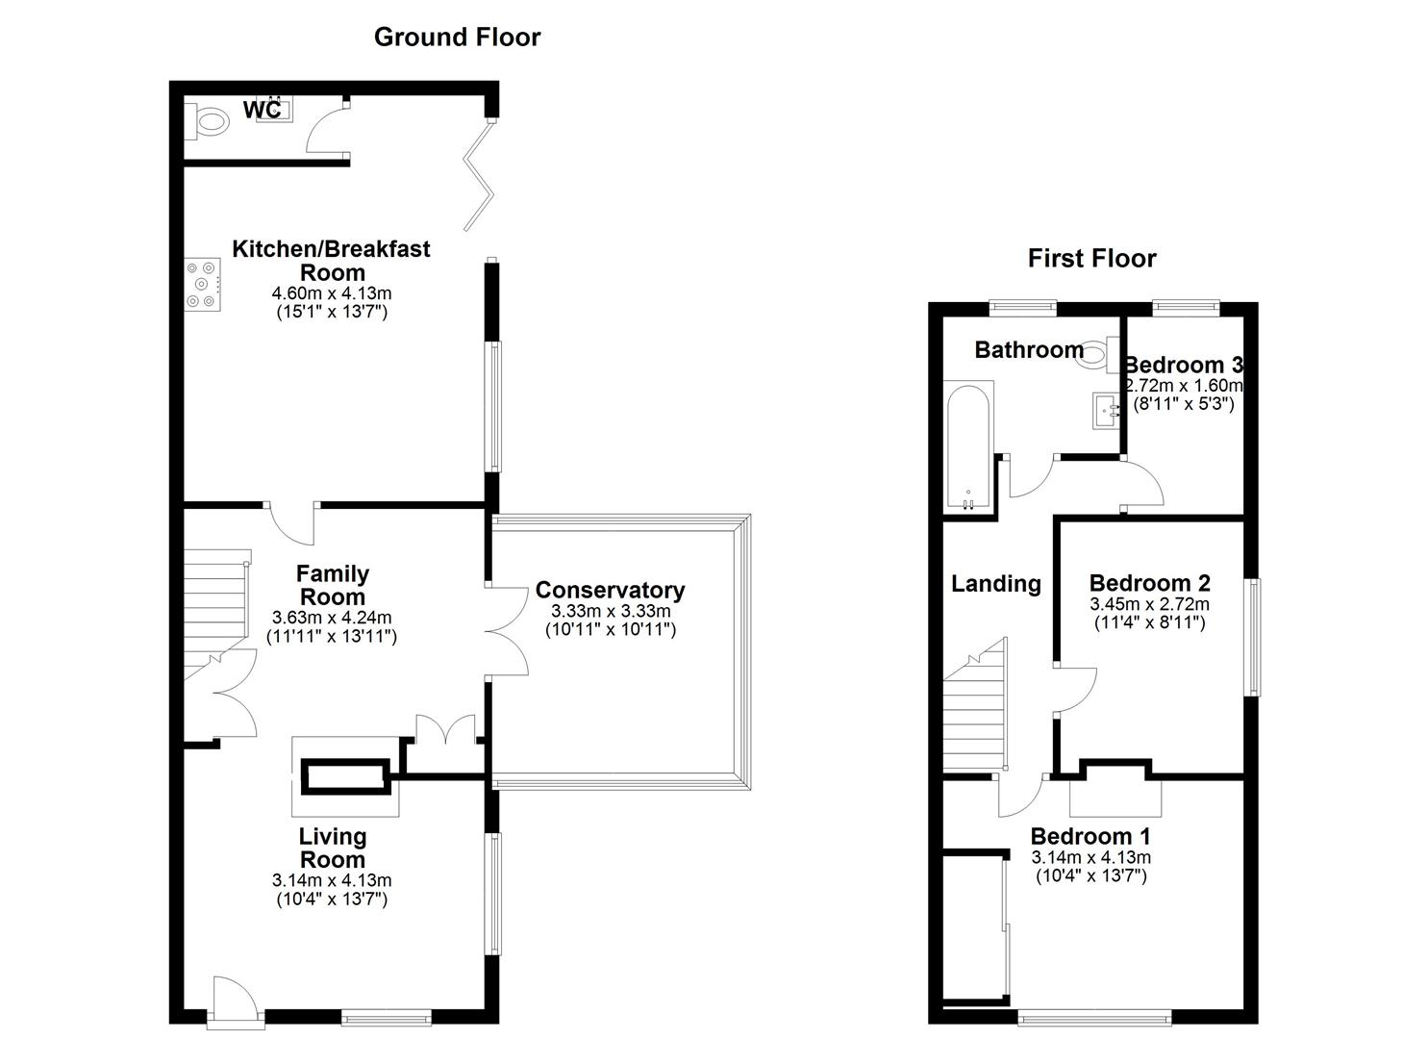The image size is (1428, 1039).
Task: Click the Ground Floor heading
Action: (x=457, y=38)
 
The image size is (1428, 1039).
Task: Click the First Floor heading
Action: (x=1091, y=259)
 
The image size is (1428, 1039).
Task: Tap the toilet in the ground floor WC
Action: (x=209, y=122)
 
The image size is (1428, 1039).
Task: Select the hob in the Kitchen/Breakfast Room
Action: (x=204, y=285)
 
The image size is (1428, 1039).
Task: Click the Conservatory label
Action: (x=610, y=590)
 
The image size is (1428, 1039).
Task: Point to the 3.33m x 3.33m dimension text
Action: (x=611, y=612)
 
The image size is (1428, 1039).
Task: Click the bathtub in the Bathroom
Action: (x=967, y=447)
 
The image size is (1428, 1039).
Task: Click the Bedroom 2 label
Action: (x=1149, y=583)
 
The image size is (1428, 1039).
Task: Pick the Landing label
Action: (x=995, y=584)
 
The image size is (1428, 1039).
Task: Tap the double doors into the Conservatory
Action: (x=506, y=631)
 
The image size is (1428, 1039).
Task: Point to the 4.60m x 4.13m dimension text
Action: (x=332, y=293)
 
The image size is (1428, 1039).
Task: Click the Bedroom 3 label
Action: (x=1183, y=366)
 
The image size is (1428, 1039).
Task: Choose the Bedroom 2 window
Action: (x=1253, y=636)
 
